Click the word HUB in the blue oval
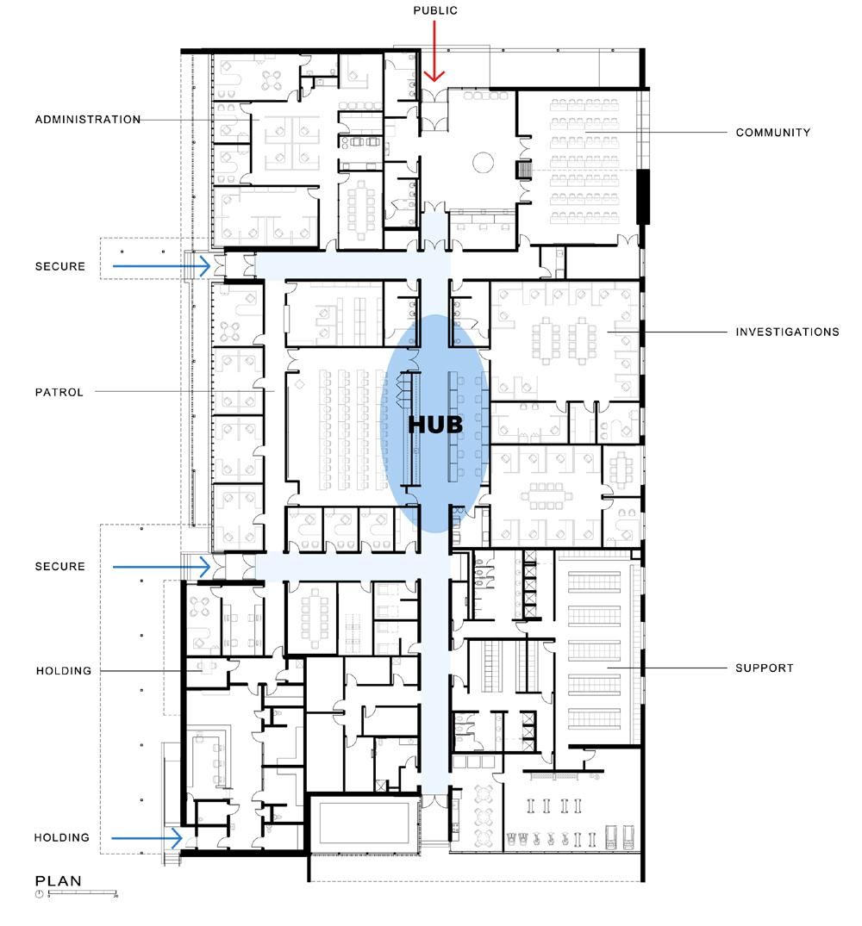coord(435,425)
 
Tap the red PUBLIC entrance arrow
coord(434,52)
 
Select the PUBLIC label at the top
coord(435,10)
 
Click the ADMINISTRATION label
coord(88,119)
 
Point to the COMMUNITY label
coord(773,133)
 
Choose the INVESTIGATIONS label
coord(787,332)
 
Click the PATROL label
coord(59,392)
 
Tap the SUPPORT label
coord(764,668)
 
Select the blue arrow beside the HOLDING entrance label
coord(147,838)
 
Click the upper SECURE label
coord(60,266)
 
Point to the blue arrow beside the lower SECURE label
coord(161,567)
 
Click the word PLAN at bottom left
coord(59,880)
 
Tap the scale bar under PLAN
coord(83,893)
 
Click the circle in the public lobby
coord(484,162)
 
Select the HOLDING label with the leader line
coord(64,671)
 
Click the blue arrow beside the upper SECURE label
coord(161,266)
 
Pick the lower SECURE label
coord(60,566)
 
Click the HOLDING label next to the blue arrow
coord(61,837)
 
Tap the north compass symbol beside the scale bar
coord(40,893)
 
